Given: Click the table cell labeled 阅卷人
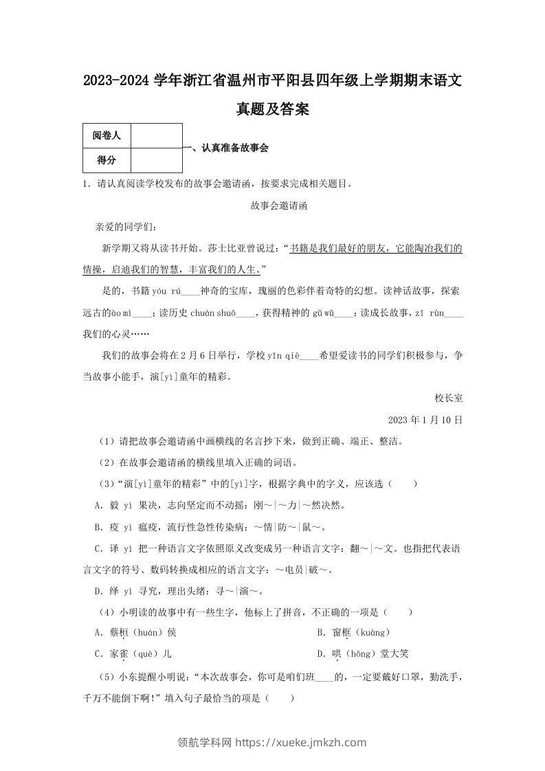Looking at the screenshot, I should click(107, 136).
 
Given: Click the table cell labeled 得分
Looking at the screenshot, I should click(107, 161).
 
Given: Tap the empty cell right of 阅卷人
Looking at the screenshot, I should click(156, 136).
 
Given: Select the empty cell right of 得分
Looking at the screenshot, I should click(156, 161).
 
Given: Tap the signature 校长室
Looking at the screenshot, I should click(449, 397).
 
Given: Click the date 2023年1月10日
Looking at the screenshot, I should click(425, 419).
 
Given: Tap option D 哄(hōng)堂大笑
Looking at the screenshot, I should click(363, 654).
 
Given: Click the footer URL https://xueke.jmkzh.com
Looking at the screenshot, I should click(301, 742).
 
